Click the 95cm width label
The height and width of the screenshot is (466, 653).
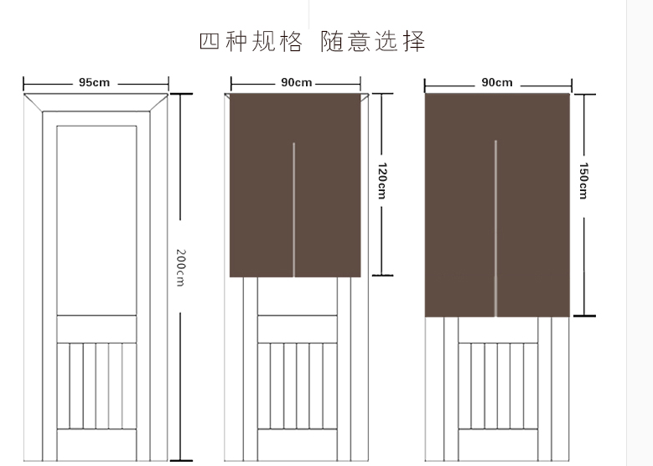click(x=94, y=83)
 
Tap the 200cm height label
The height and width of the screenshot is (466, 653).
click(x=180, y=267)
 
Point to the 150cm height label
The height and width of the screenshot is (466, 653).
click(x=583, y=180)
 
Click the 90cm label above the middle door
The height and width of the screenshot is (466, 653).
click(x=296, y=83)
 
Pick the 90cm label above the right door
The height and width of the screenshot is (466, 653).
click(x=497, y=83)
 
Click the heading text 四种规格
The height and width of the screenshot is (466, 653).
click(x=251, y=41)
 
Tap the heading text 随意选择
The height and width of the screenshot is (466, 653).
click(x=373, y=41)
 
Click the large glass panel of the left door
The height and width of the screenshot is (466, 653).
click(x=96, y=220)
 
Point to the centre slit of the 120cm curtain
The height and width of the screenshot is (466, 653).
click(x=293, y=210)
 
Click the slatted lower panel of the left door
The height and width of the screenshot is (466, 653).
click(x=96, y=385)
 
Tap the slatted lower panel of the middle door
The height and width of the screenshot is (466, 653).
click(x=297, y=385)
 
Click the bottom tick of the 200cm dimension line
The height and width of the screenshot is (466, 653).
click(x=180, y=460)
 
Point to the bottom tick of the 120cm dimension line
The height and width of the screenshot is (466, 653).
click(x=382, y=274)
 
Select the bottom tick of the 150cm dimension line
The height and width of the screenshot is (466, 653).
click(x=584, y=316)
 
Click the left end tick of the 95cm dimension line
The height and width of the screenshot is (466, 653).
click(x=23, y=84)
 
